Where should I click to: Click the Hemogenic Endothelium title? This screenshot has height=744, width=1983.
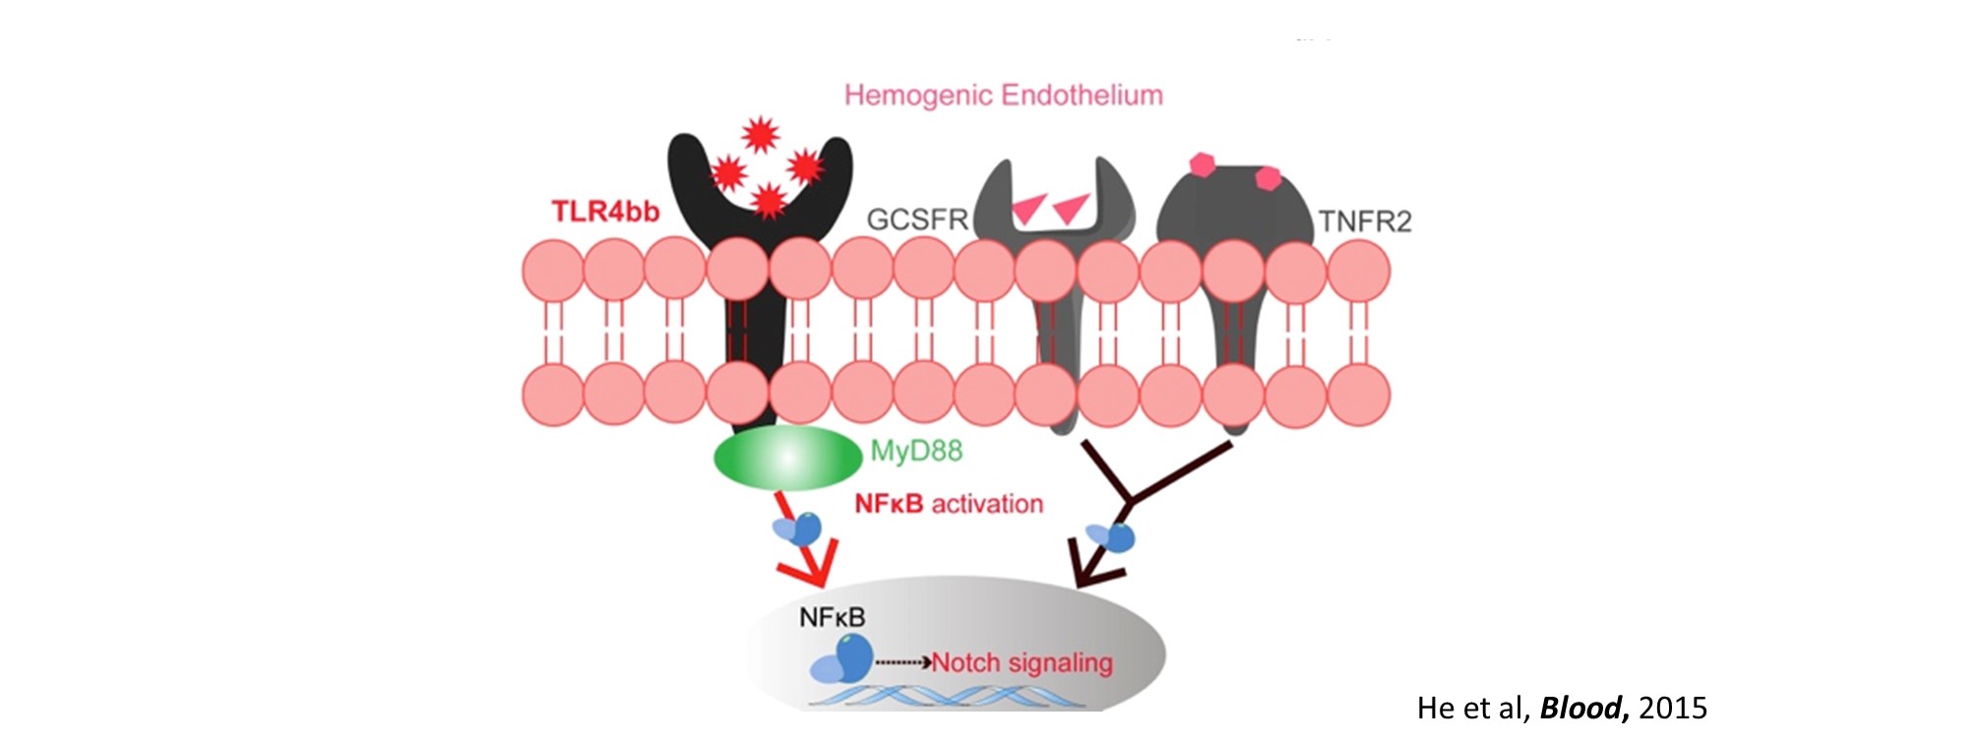coord(1003,95)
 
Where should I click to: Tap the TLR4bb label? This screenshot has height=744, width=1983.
coord(605,212)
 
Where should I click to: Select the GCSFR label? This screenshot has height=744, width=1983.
coord(917,219)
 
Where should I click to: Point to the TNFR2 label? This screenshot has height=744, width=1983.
coord(1365,221)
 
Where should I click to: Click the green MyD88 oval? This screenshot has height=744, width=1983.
coord(786,458)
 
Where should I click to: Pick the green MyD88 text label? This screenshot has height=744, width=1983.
coord(916,452)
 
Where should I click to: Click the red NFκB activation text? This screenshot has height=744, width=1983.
coord(949,504)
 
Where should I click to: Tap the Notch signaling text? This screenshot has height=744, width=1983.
coord(1022,662)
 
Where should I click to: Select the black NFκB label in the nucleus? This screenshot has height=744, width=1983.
coord(832,618)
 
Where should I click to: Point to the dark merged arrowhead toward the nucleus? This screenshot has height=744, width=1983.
coord(1093,571)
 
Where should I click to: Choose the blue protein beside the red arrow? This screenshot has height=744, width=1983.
coord(799,529)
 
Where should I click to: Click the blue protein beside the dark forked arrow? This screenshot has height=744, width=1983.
coord(1112,537)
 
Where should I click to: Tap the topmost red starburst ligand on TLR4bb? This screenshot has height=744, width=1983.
coord(760,134)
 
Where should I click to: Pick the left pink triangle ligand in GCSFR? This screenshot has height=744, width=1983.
coord(1029,208)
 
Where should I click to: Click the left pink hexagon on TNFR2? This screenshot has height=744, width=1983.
coord(1203,164)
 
